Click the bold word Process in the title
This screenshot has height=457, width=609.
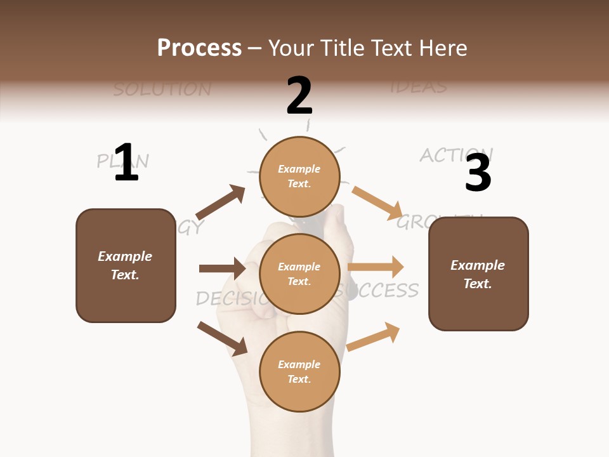tap(199, 48)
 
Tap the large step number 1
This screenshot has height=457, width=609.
tap(126, 162)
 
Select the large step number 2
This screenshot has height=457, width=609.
tap(299, 95)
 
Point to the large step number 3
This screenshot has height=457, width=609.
tap(478, 173)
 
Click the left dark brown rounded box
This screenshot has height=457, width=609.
tap(126, 265)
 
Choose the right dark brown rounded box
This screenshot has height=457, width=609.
tap(478, 274)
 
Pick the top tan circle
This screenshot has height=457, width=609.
tap(299, 176)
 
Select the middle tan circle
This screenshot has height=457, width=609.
tap(299, 274)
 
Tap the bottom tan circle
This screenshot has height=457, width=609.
tap(299, 371)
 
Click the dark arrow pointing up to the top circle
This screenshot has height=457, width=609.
tap(220, 203)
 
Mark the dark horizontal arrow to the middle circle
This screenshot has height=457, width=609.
tap(222, 268)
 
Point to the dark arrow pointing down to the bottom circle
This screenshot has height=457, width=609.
tap(222, 338)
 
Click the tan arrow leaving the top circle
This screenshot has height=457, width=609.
tap(377, 202)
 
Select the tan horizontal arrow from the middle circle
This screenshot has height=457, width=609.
tap(376, 267)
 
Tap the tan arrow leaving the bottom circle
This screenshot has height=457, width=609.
tap(374, 336)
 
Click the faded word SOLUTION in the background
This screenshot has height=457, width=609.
tap(162, 89)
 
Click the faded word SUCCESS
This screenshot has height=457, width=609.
tap(381, 291)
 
